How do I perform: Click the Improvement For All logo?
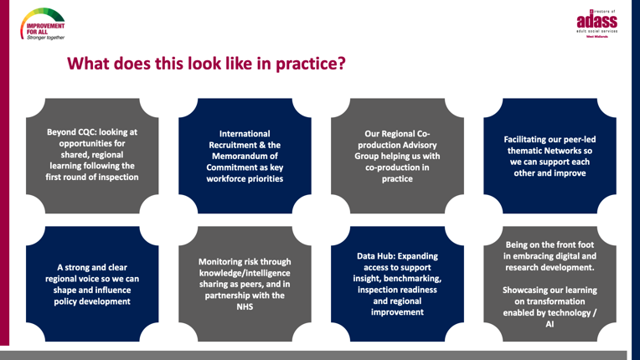tap(44, 24)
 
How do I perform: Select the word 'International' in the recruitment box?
tap(245, 132)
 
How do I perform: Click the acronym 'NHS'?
tap(245, 307)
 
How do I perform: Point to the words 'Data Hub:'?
tap(382, 255)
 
